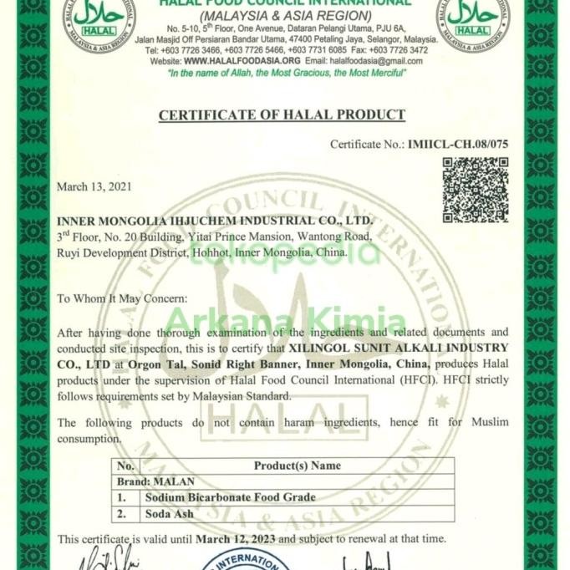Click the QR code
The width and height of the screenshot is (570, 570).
pyautogui.click(x=475, y=190)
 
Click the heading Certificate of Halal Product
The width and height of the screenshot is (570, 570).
pyautogui.click(x=282, y=115)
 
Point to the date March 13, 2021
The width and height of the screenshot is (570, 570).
pyautogui.click(x=93, y=186)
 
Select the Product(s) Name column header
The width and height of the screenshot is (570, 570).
pyautogui.click(x=297, y=466)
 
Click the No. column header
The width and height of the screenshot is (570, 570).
pyautogui.click(x=125, y=466)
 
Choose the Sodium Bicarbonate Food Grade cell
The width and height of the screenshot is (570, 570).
pyautogui.click(x=230, y=497)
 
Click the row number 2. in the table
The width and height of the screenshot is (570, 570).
pyautogui.click(x=123, y=513)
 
